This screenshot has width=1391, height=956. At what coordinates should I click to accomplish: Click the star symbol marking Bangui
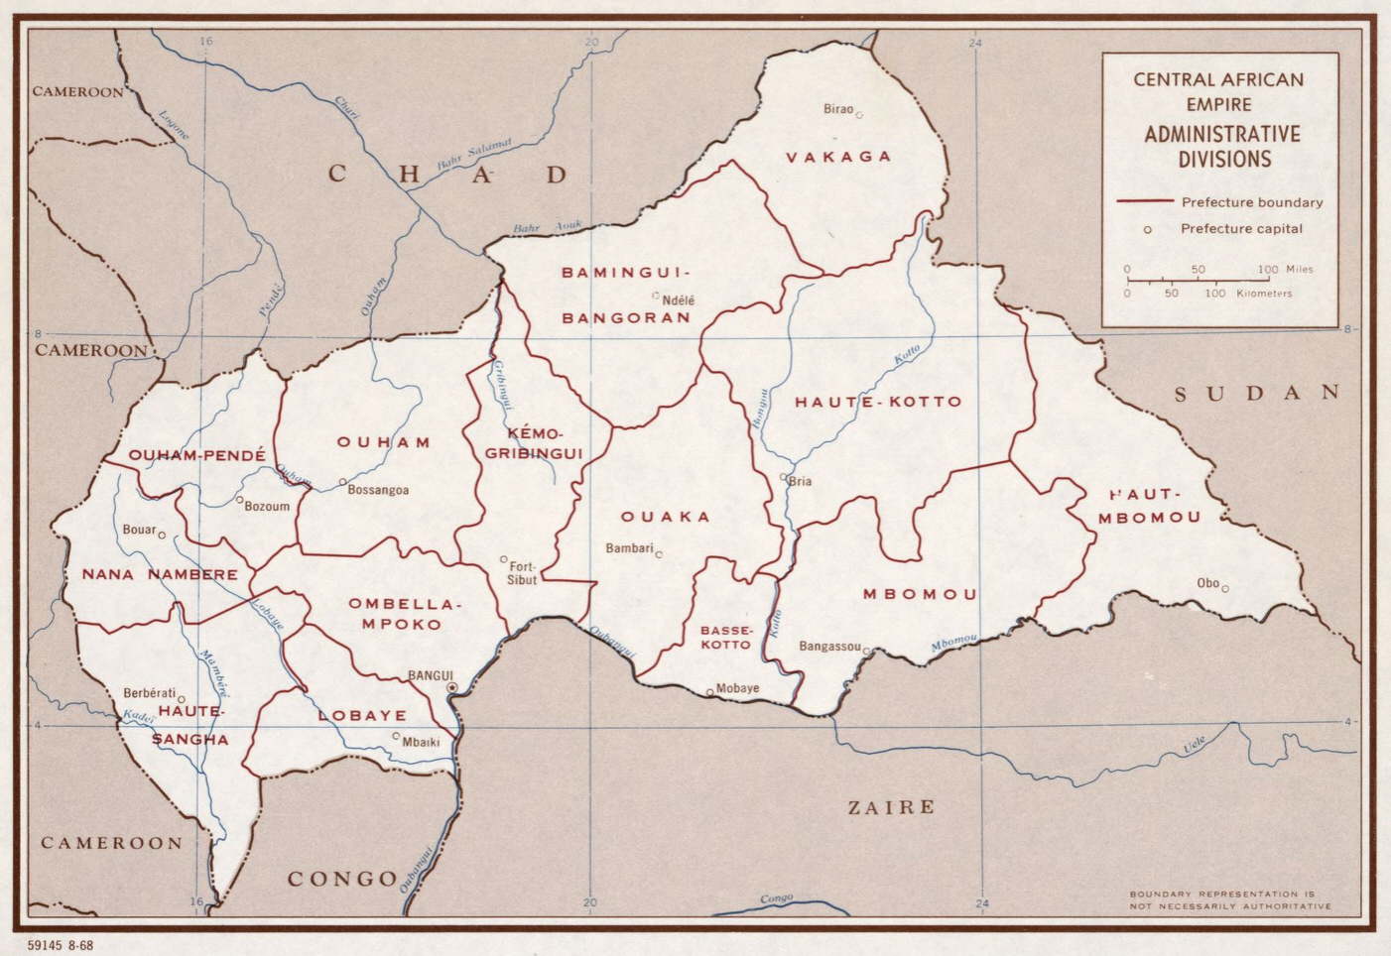point(452,687)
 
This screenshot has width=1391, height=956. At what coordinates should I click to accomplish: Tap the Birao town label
point(837,109)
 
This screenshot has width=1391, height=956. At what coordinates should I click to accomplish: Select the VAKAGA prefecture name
point(838,157)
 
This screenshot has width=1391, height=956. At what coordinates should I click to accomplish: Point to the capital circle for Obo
point(1225,589)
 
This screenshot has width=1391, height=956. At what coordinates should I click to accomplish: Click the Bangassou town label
point(829,647)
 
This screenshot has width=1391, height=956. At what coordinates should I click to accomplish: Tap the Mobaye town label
point(737,688)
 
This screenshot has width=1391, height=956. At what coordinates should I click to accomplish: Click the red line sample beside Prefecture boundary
point(1144,201)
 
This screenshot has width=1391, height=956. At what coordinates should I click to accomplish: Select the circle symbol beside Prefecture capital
point(1148,229)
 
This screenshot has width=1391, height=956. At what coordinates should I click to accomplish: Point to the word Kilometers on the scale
point(1264,294)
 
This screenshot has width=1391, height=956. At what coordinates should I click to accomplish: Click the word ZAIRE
point(891,807)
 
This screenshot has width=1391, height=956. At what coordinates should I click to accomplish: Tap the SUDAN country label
point(1257,394)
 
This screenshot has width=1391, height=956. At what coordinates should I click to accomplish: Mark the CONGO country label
point(342,879)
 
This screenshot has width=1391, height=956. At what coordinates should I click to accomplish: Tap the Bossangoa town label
point(378,490)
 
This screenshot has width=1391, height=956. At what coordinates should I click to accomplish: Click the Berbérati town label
point(149,693)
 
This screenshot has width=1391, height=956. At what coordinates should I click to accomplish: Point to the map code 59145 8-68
point(61,945)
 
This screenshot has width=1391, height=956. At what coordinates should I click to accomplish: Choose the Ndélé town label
point(679,300)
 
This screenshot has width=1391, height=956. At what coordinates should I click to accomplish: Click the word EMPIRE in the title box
point(1218,104)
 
